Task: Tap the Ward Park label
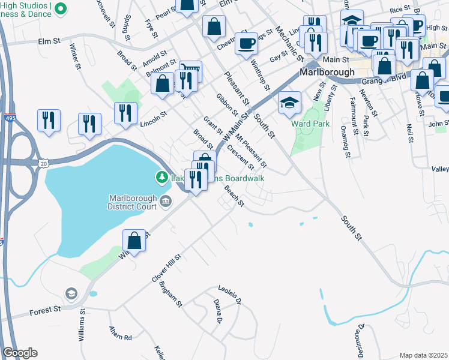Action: click(x=310, y=124)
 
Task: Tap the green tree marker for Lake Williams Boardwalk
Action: click(x=161, y=178)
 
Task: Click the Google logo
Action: click(x=20, y=353)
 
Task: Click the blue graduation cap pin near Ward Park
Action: click(x=290, y=103)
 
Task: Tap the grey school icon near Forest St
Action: click(x=71, y=293)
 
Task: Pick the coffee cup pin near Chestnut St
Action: click(x=246, y=44)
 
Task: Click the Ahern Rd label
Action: click(x=120, y=333)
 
